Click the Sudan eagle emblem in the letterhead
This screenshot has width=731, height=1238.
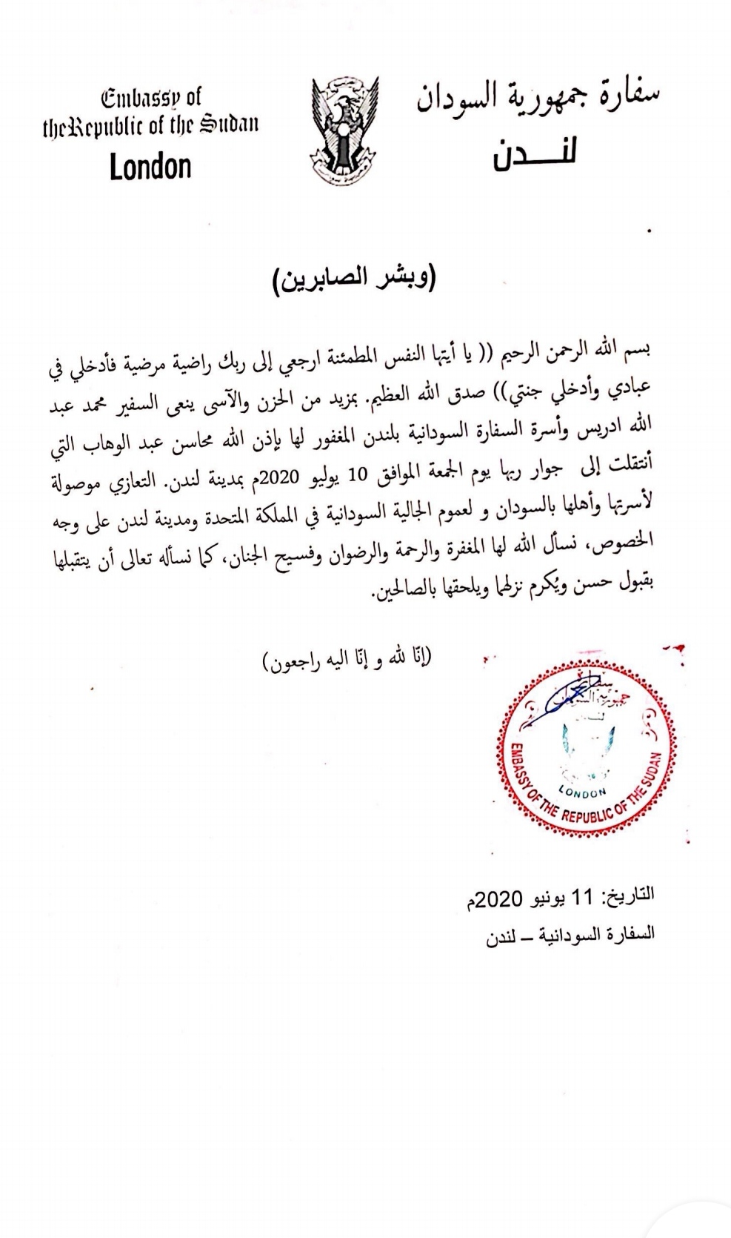pyautogui.click(x=342, y=129)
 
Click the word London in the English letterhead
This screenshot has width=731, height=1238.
pyautogui.click(x=150, y=167)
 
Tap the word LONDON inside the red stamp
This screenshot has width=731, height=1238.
pyautogui.click(x=582, y=792)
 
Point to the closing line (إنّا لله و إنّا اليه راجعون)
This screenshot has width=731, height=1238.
pyautogui.click(x=346, y=658)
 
